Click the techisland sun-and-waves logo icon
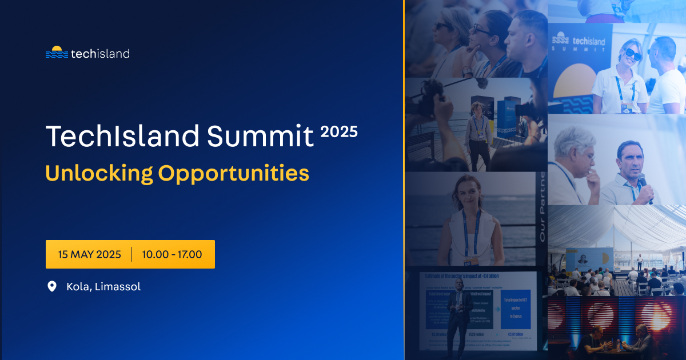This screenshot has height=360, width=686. (56, 53)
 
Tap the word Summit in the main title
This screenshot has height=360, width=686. (260, 136)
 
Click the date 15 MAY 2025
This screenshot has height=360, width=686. (90, 254)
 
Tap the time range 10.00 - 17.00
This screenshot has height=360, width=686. (172, 254)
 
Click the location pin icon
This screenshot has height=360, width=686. (52, 286)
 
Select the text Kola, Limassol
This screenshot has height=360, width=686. (103, 286)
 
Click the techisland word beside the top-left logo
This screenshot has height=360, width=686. (100, 54)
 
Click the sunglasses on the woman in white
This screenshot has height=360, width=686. (633, 55)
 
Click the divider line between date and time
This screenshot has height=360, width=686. (131, 254)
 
